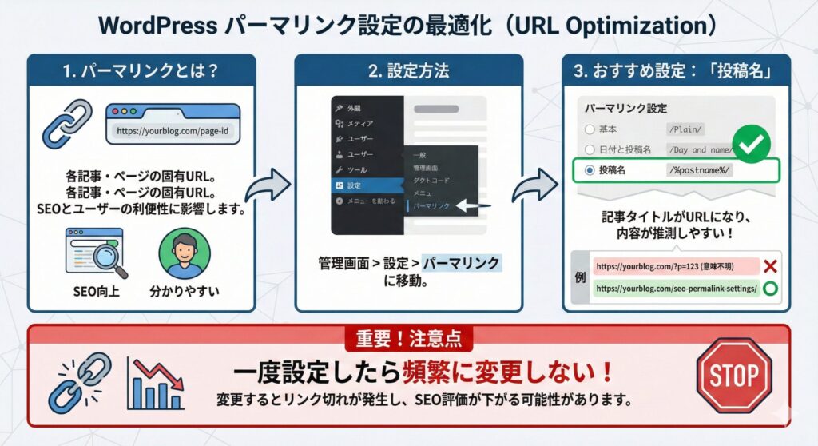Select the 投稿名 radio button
(x=590, y=170)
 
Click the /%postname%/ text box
(x=700, y=170)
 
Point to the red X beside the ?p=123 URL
(x=771, y=266)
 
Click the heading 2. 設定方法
(x=408, y=70)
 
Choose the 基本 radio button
(x=590, y=129)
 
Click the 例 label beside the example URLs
(x=579, y=277)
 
